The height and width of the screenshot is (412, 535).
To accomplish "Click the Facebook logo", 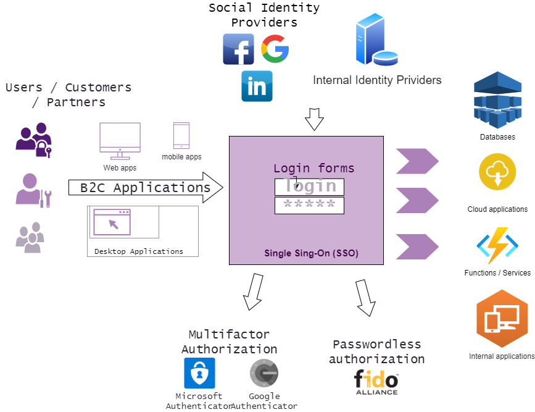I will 238,49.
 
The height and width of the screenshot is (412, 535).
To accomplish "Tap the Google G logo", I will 275,49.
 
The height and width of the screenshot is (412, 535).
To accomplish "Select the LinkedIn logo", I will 257,86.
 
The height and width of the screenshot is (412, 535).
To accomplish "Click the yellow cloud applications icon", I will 497,172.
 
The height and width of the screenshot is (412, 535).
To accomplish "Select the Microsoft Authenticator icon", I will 199,373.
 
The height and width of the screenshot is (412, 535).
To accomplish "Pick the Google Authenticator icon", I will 264,373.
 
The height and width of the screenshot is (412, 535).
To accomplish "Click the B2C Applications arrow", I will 146,188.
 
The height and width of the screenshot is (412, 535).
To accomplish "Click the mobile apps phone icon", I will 181,136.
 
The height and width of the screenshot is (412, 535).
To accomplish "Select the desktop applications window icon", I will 112,222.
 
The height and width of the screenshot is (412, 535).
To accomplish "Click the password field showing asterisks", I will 309,206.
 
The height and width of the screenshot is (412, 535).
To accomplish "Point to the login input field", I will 309,187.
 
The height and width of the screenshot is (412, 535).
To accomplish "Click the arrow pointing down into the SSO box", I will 314,119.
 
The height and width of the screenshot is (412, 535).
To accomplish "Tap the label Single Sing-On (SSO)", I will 311,253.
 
